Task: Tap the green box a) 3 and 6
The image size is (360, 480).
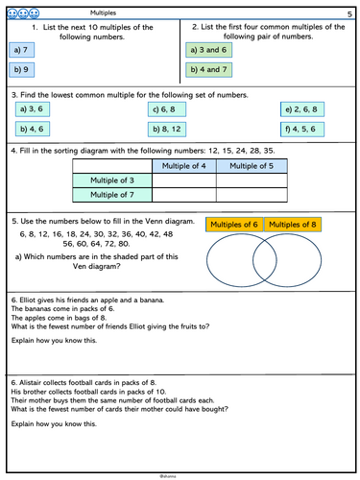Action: [x=209, y=49]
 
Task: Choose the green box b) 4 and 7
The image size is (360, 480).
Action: [x=209, y=69]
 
